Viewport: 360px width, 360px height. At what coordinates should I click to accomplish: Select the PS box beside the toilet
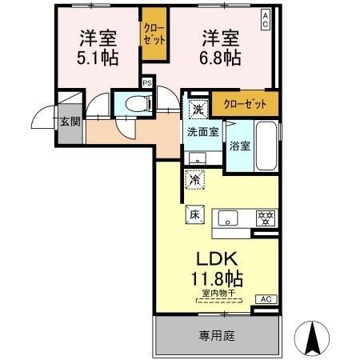147,82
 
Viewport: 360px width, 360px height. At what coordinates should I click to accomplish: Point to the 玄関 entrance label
69,122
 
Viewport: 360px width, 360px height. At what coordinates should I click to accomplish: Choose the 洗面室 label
203,131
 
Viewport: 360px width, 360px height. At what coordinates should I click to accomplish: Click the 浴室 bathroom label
240,146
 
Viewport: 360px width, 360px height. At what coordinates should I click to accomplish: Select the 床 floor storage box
195,214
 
